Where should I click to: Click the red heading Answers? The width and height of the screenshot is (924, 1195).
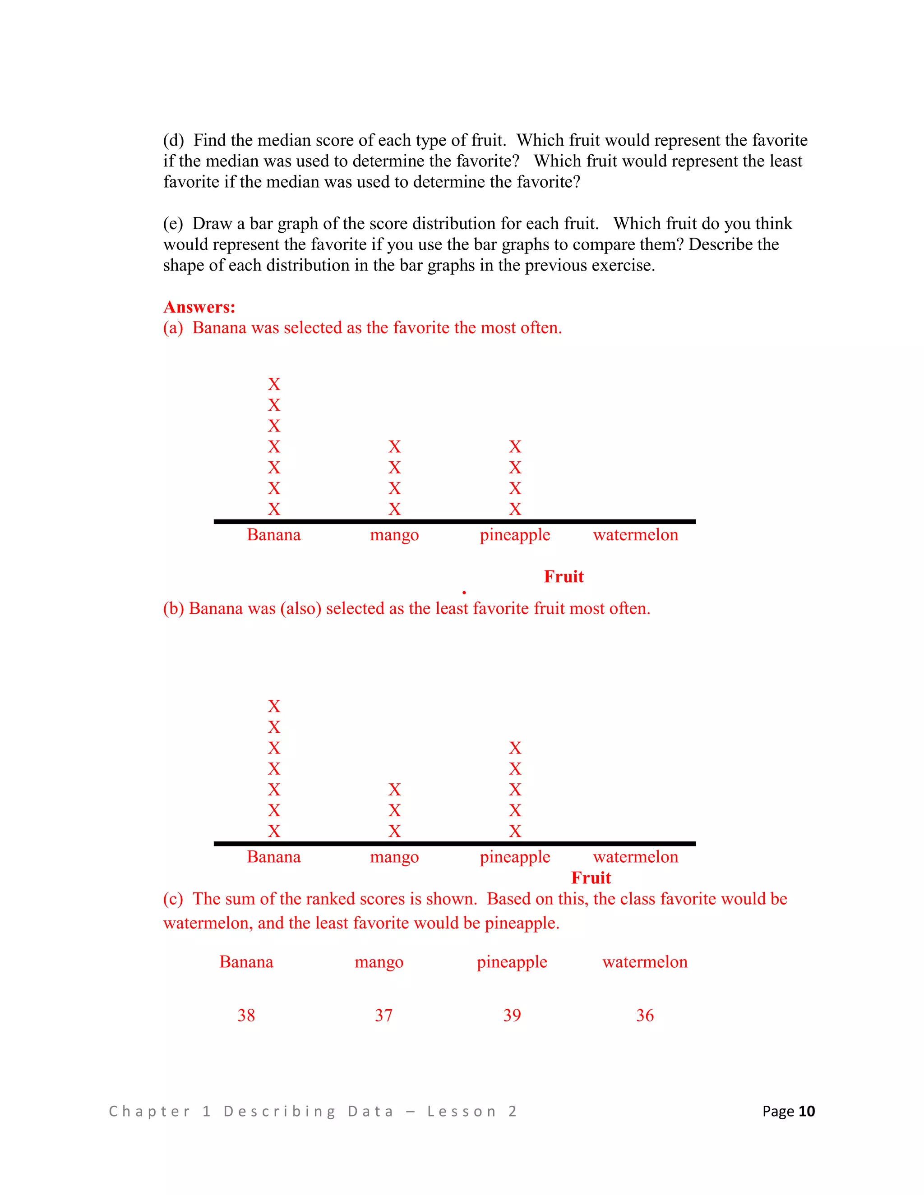point(199,307)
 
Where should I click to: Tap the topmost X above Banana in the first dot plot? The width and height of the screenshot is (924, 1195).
point(274,384)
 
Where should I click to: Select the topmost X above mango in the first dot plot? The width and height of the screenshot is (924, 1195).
point(394,446)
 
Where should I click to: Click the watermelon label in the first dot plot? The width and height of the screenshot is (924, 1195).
point(635,534)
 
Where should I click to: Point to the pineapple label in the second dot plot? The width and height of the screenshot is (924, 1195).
point(514,857)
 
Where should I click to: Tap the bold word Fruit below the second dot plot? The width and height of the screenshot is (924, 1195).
point(591,878)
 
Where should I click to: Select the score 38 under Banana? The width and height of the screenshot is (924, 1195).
point(246,1016)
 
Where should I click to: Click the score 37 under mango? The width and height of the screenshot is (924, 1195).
point(383,1016)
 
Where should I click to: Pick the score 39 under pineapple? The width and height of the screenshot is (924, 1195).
point(512,1016)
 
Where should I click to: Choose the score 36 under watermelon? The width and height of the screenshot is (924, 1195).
point(645,1016)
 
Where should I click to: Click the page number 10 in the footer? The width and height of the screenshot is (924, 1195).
point(806,1111)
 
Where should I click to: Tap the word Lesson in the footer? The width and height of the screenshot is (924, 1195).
point(462,1111)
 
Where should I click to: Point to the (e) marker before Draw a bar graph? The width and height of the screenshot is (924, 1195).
point(173,224)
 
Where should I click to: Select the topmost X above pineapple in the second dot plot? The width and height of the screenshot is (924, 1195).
point(514,748)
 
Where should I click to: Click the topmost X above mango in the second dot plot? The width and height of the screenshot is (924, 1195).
point(394,790)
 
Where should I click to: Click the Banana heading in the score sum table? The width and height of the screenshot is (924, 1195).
point(246,962)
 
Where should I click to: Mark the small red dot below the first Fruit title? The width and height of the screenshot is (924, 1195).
point(464,593)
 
